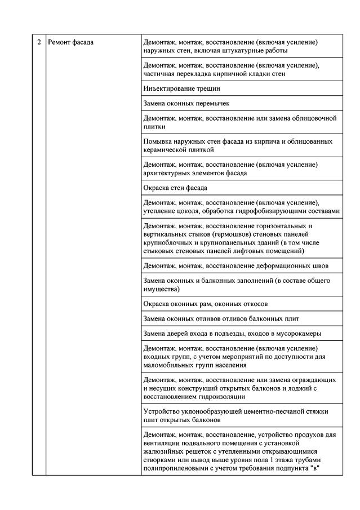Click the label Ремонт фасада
tap(71, 42)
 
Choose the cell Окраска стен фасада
tap(176, 188)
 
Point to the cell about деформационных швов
tap(236, 266)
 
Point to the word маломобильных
tap(170, 365)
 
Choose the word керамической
tap(167, 150)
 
